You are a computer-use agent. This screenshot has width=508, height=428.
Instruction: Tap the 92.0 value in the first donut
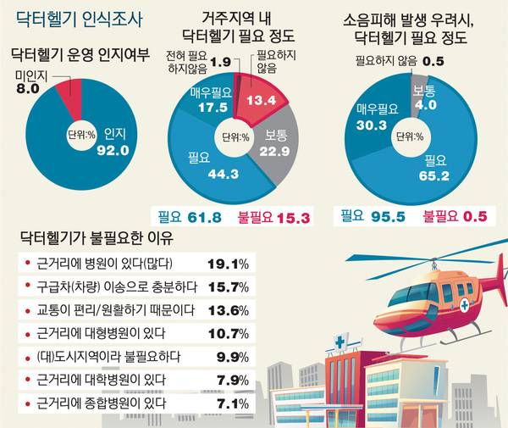pyautogui.click(x=113, y=152)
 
